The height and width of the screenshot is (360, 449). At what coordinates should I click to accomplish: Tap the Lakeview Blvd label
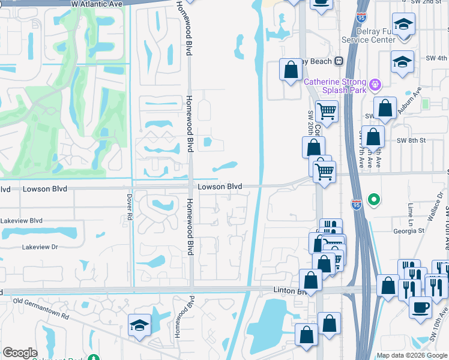22,221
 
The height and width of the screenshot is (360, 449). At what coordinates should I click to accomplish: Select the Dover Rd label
129,207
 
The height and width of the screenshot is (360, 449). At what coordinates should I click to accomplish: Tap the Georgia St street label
409,230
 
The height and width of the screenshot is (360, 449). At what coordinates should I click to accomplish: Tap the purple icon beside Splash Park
376,84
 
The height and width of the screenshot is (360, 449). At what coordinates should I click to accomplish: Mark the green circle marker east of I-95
374,199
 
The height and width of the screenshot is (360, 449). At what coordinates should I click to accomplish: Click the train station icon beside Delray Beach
339,61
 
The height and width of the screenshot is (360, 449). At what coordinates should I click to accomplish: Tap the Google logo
20,353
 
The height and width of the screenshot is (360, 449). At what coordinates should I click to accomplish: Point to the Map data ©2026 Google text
412,355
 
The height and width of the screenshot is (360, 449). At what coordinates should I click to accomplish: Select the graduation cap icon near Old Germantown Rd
139,326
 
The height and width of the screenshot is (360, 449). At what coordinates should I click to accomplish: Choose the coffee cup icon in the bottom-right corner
420,307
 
